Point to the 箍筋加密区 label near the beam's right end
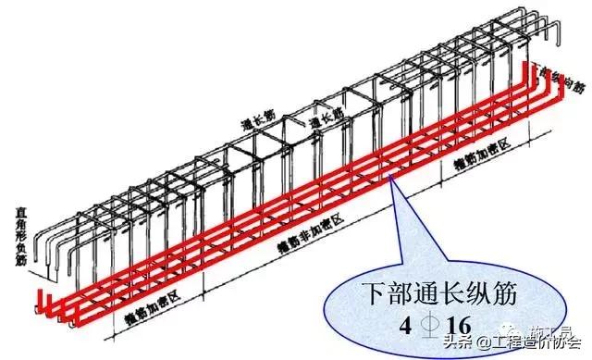tap(487, 159)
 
